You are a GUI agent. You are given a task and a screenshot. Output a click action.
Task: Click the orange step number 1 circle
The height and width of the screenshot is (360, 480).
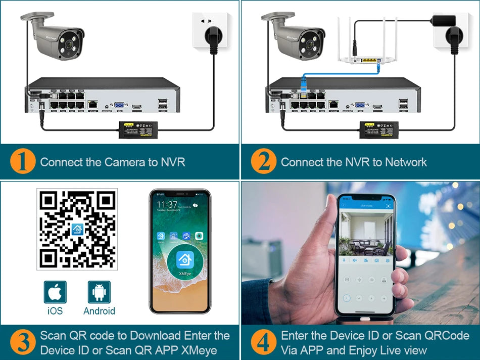(23, 162)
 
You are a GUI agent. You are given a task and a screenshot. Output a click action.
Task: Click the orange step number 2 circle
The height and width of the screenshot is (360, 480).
(264, 162)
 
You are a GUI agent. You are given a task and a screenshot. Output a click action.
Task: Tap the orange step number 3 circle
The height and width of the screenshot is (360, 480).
(23, 342)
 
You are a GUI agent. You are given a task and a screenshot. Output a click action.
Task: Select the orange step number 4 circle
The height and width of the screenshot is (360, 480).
(264, 342)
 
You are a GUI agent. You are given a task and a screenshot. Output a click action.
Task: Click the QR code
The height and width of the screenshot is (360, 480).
(77, 229)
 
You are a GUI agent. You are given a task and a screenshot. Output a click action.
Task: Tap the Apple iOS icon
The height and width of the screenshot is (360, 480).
(55, 292)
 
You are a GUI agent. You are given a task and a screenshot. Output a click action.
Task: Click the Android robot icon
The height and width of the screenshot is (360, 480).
(99, 292)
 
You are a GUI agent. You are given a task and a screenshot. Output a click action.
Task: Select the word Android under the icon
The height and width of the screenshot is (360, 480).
(99, 311)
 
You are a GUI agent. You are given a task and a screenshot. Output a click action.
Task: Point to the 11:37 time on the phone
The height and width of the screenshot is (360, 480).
(167, 204)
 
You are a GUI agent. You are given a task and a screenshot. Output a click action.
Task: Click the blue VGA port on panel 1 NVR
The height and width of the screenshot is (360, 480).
(120, 106)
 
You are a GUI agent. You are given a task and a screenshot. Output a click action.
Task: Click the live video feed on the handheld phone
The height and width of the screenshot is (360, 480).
(366, 233)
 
